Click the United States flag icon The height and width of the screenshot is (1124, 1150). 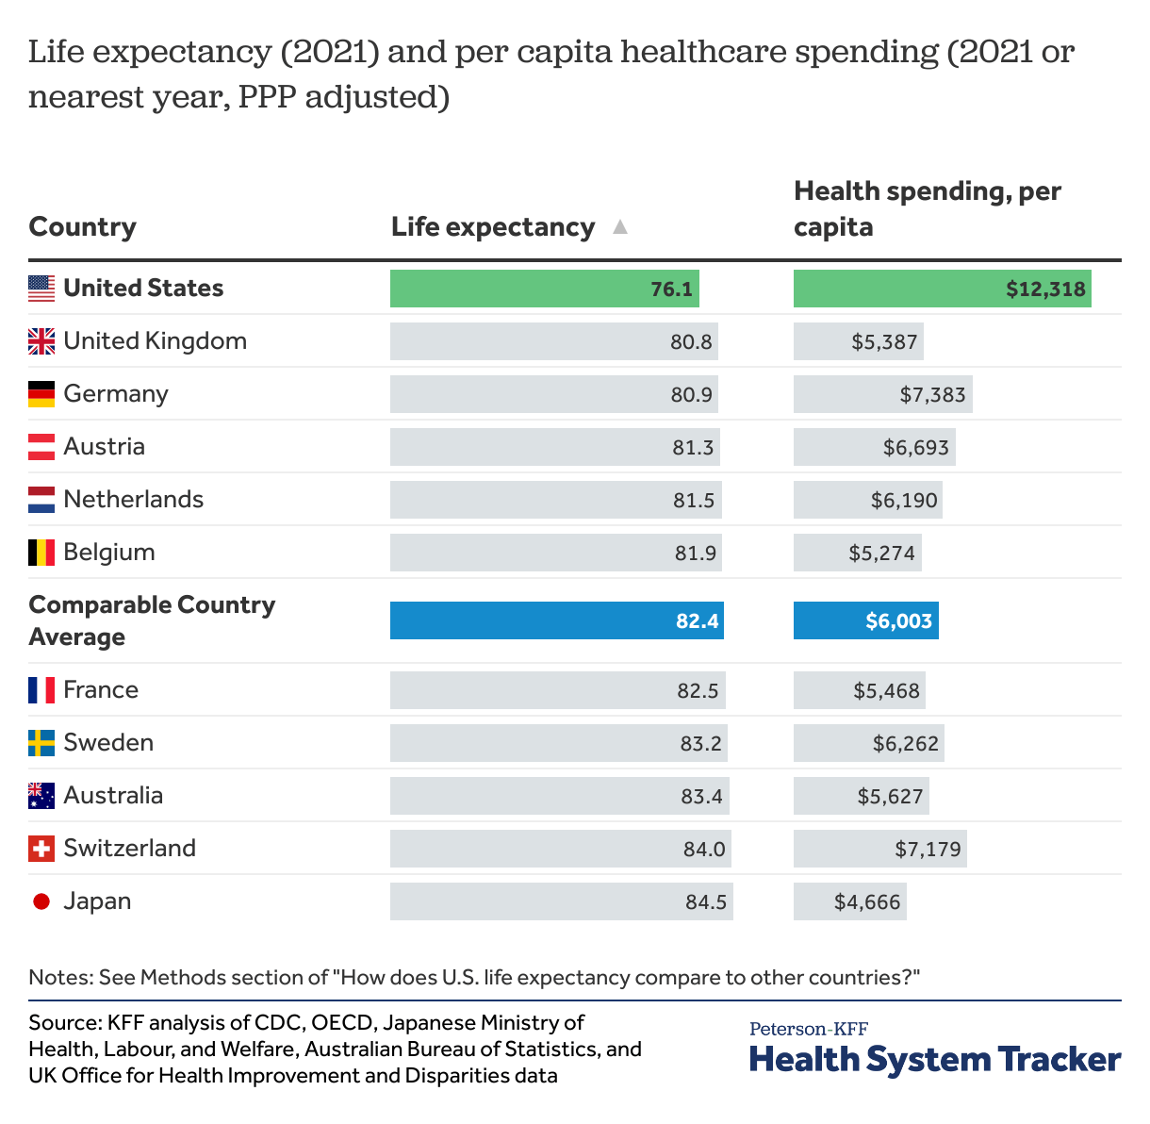(41, 289)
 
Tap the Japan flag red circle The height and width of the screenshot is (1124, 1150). (41, 901)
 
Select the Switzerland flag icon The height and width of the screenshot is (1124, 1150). (41, 849)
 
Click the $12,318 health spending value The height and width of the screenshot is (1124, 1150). (1045, 289)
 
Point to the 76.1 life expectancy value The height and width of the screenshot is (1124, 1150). (671, 289)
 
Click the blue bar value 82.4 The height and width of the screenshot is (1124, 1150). (697, 621)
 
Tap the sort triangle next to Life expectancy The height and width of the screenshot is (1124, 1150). (619, 227)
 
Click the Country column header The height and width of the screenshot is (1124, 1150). (83, 227)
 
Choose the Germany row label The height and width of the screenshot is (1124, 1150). (116, 394)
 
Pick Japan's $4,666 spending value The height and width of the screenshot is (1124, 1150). (867, 902)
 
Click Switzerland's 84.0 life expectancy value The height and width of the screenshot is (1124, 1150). (704, 850)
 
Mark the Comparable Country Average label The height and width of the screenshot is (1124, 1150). (151, 620)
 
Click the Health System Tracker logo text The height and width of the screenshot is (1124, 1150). (935, 1059)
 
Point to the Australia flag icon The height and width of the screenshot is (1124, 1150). (41, 796)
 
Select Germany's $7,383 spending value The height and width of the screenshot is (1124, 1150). (932, 395)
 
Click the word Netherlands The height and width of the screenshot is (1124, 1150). (133, 500)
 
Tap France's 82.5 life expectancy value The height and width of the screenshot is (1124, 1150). (698, 691)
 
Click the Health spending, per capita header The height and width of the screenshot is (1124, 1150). (927, 208)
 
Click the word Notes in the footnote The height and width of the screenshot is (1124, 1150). (59, 977)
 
